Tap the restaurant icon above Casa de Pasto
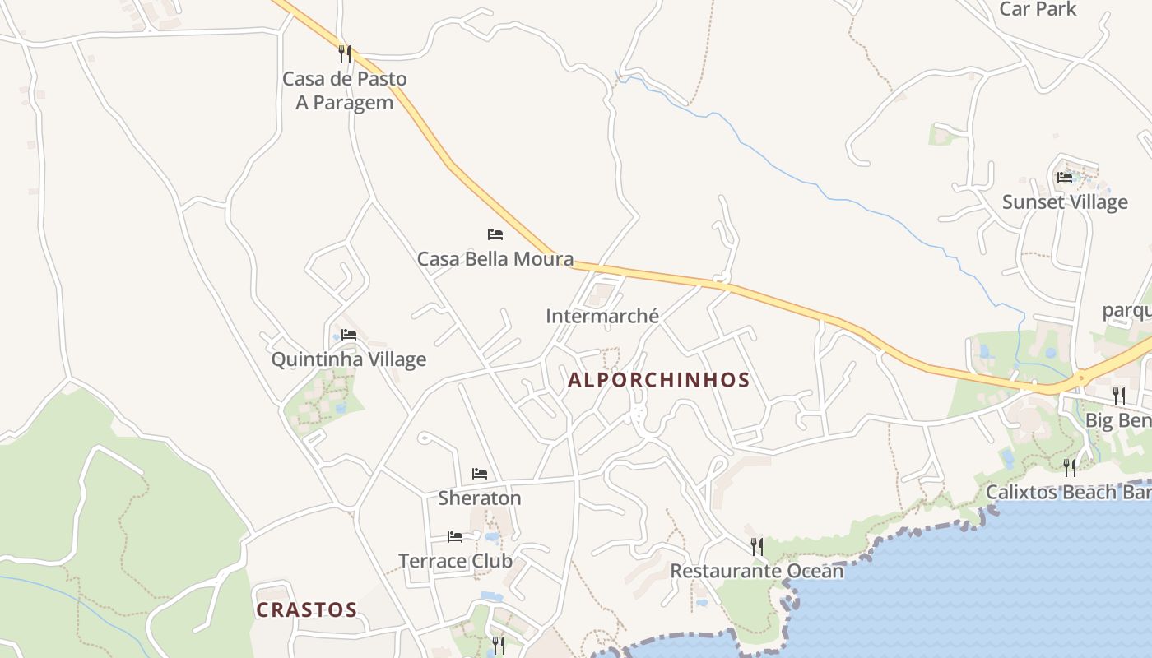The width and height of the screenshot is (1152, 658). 345,54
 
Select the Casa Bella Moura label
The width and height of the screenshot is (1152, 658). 495,259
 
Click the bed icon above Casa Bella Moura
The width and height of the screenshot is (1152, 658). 495,234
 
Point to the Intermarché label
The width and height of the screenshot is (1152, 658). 602,316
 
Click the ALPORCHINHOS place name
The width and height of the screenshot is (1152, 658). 659,380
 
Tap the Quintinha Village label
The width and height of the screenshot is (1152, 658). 349,359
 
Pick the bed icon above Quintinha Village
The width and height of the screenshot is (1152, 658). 349,335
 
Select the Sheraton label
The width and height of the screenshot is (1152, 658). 480,498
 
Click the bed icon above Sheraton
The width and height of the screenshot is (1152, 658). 480,474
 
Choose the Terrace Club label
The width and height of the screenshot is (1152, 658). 455,562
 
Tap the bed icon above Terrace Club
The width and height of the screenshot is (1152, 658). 455,537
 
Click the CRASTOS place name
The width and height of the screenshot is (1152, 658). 306,610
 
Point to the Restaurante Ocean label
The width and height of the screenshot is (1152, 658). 757,571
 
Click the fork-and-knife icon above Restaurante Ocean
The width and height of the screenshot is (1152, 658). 757,546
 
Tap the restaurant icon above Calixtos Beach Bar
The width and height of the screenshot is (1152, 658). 1070,468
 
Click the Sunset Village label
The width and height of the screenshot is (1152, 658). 1065,202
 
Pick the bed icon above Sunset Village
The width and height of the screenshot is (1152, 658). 1065,178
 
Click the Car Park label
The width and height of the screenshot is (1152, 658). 1038,9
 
